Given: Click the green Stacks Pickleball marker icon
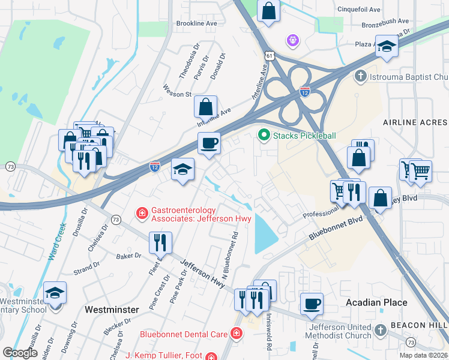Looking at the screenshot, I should (263, 136).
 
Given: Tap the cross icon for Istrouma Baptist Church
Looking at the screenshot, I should (360, 77).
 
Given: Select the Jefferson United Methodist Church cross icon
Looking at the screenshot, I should (379, 331).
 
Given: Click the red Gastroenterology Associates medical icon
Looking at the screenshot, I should (142, 213).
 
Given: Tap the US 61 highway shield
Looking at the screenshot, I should (271, 56).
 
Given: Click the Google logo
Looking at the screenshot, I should (20, 353).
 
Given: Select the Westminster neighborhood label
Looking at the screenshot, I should (112, 310).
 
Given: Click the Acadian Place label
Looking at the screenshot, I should (376, 302).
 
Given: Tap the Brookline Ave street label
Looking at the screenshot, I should (196, 23).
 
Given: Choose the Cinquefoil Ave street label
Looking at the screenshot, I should (359, 10).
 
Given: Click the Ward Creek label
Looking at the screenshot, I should (56, 241).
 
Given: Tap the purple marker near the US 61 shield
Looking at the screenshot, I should (293, 40).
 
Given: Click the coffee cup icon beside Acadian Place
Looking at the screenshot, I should (312, 304).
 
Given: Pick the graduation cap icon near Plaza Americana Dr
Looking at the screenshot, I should (387, 46).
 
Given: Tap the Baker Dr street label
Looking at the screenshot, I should (129, 256).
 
